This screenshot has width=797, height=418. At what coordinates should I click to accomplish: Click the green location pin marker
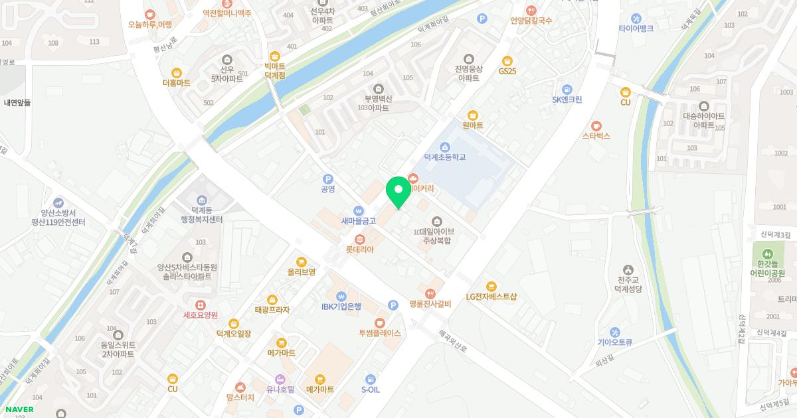398,192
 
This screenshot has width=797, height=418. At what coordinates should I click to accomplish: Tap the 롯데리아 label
360,249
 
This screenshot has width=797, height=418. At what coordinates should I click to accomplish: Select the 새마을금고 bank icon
359,210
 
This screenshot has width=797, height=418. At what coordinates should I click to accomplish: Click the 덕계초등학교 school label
445,157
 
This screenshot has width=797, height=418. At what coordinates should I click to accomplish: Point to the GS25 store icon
507,60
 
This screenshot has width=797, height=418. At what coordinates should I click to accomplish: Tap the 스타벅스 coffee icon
596,125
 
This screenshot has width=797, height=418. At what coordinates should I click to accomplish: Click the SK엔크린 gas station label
567,100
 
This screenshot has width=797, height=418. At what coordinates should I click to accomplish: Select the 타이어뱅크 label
636,29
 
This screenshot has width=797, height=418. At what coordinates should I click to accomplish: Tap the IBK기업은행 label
341,307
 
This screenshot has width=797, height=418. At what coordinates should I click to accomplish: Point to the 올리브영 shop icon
301,261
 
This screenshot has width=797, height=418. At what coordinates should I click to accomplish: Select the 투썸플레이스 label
379,333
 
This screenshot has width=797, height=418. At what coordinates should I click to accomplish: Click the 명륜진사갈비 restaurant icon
430,293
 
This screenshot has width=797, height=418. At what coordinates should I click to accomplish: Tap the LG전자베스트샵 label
491,297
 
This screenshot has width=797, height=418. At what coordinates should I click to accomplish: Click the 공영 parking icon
327,179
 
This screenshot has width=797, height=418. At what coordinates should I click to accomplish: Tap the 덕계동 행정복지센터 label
201,214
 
